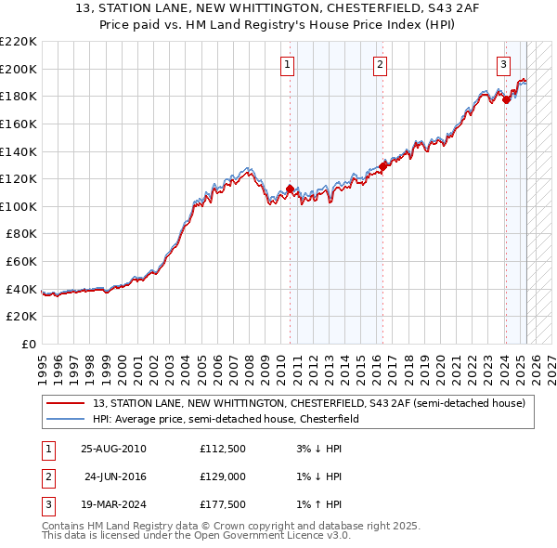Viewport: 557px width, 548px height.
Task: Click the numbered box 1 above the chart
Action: tap(288, 64)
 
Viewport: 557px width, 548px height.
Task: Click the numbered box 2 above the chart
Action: tap(381, 64)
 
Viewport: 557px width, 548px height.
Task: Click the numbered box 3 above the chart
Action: tap(503, 64)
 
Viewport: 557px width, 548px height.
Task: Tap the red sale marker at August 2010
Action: tap(290, 189)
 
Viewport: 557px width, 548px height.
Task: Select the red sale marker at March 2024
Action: tap(506, 99)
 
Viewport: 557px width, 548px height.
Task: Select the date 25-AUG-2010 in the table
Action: tap(113, 449)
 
